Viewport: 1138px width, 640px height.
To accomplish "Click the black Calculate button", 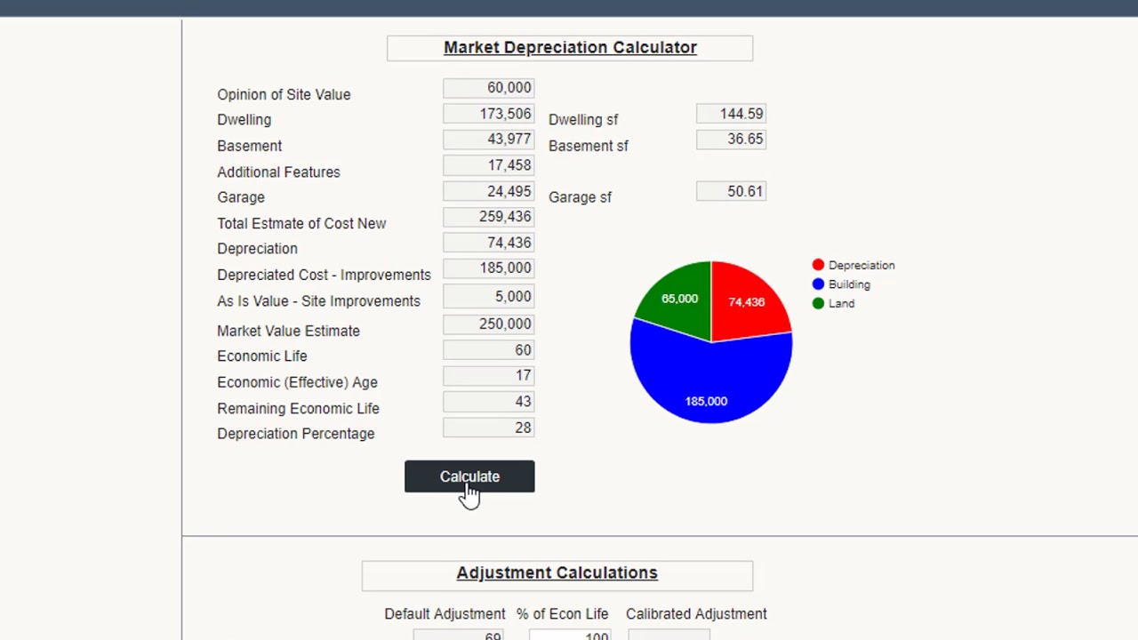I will pyautogui.click(x=469, y=476).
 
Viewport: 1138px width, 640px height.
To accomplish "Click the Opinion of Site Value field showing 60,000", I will pyautogui.click(x=488, y=88).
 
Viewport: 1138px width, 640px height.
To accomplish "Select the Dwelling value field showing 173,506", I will pyautogui.click(x=488, y=114).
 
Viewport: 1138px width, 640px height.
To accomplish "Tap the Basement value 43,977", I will pyautogui.click(x=488, y=140).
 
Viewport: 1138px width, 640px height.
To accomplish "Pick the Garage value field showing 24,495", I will pyautogui.click(x=488, y=191).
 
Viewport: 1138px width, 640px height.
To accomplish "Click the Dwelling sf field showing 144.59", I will pyautogui.click(x=731, y=114).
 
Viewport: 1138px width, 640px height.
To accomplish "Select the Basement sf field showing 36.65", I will pyautogui.click(x=731, y=140).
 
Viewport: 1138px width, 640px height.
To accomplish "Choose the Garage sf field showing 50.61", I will pyautogui.click(x=731, y=191).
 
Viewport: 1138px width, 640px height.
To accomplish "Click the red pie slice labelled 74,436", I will pyautogui.click(x=747, y=302).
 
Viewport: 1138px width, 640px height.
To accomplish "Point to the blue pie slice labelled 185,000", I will pyautogui.click(x=707, y=391).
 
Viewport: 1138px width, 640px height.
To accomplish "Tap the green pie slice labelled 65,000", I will pyautogui.click(x=679, y=299).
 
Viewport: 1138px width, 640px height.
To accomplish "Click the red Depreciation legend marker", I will pyautogui.click(x=818, y=265).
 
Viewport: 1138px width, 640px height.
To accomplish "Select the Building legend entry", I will pyautogui.click(x=849, y=284).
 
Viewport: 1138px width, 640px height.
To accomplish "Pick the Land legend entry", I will pyautogui.click(x=841, y=303).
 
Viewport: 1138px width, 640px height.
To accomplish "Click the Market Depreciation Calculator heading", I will pyautogui.click(x=570, y=48).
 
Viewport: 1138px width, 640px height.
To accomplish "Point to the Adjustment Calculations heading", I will pyautogui.click(x=557, y=573).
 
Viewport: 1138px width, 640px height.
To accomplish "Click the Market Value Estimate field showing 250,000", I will pyautogui.click(x=488, y=324).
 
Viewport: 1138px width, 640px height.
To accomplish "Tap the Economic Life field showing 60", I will pyautogui.click(x=488, y=350).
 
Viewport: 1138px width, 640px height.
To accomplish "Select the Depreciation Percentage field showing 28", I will pyautogui.click(x=488, y=428).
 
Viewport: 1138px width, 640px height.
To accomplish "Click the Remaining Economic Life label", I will pyautogui.click(x=298, y=408).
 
